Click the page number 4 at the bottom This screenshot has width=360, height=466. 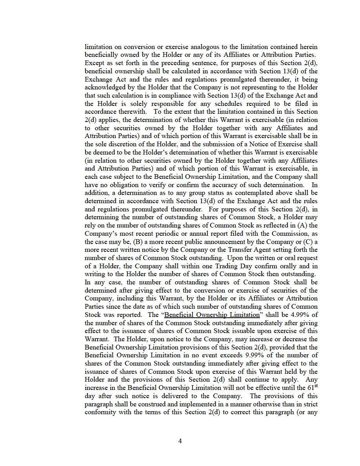180,441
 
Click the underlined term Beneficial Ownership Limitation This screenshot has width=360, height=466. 212,315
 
